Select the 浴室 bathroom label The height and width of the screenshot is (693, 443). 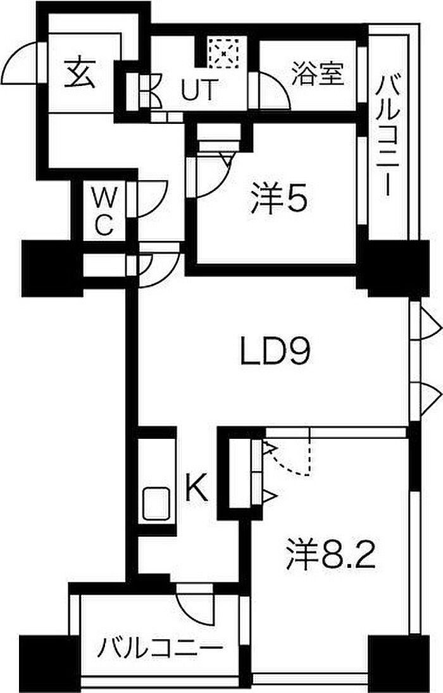click(318, 74)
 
